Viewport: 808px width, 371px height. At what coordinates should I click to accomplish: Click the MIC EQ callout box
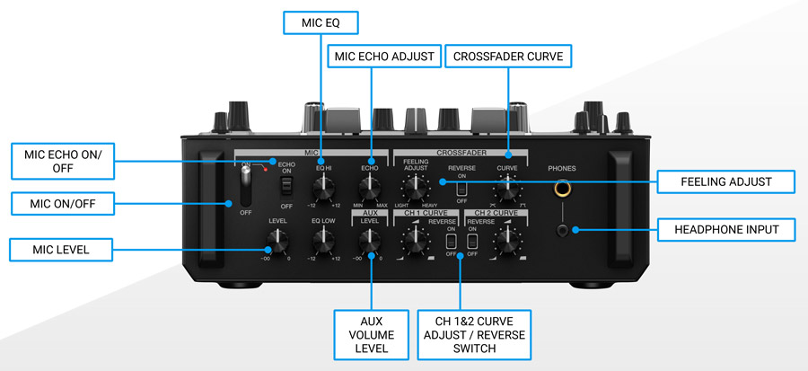point(321,22)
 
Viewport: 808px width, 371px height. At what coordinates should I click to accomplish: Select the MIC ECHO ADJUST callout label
point(385,56)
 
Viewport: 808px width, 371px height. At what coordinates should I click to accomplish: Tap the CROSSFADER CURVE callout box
point(508,56)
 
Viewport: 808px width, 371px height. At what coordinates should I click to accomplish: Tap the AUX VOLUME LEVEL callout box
point(371,333)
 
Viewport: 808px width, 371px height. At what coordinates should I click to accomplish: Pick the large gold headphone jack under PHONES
point(565,190)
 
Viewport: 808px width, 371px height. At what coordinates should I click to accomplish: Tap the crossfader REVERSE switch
point(461,190)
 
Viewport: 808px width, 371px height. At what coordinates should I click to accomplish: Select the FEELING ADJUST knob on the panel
point(414,188)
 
